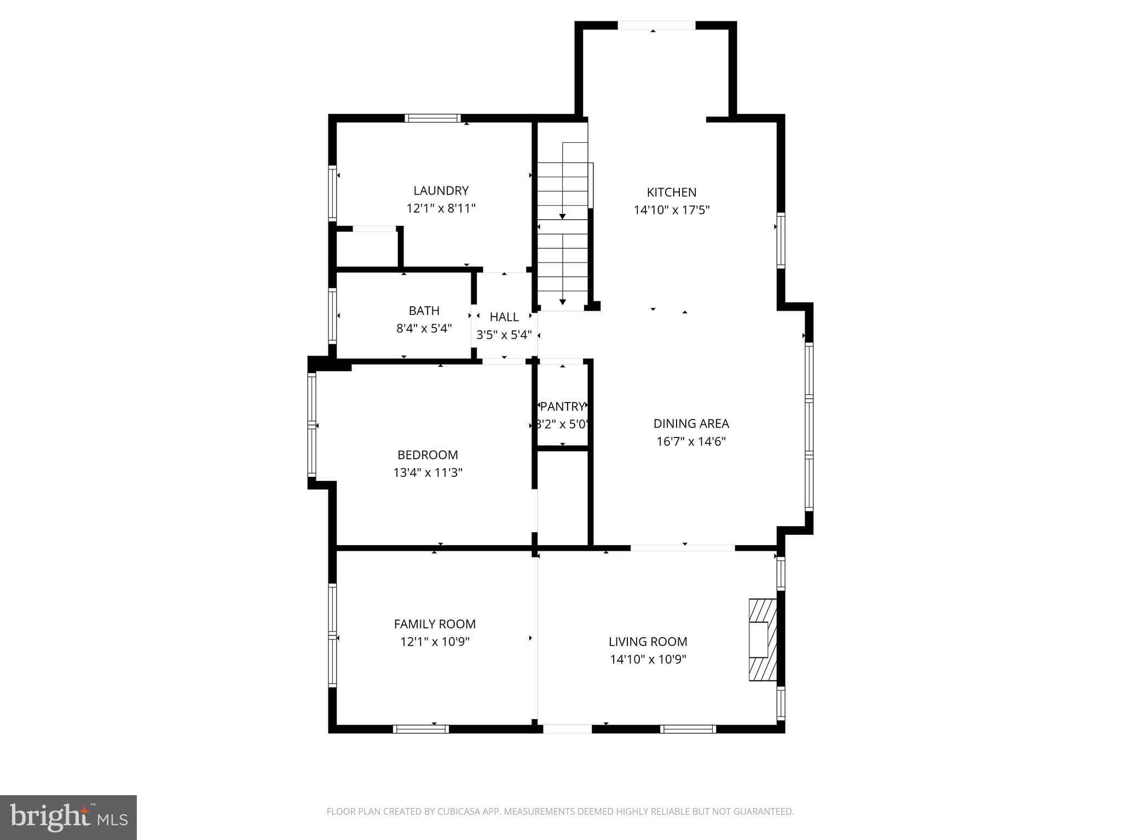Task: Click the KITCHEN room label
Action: (x=671, y=192)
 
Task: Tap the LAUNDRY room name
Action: (x=441, y=191)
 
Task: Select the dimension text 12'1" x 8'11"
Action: (x=441, y=208)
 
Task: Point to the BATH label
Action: (x=424, y=311)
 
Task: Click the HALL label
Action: (x=504, y=317)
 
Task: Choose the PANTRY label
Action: (x=562, y=407)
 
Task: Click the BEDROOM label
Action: (x=427, y=455)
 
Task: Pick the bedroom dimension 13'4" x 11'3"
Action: (x=427, y=472)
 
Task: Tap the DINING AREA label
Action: (x=691, y=424)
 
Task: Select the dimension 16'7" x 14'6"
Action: (x=691, y=441)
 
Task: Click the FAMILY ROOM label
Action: (x=435, y=624)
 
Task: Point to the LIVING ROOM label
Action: (x=648, y=641)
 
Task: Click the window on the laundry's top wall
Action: (x=432, y=118)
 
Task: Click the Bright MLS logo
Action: (x=68, y=817)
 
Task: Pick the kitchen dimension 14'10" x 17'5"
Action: (x=671, y=210)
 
